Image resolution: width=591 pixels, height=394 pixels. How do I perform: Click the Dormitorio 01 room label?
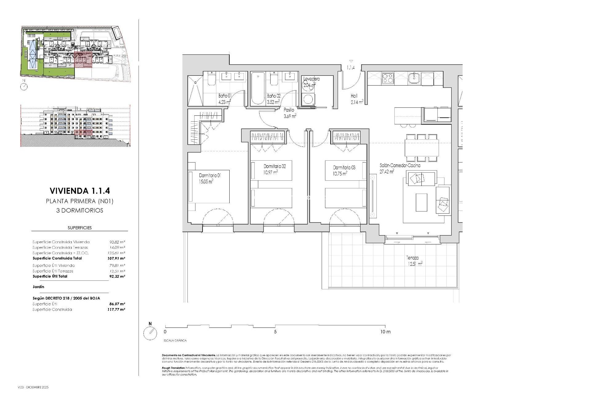coord(210,175)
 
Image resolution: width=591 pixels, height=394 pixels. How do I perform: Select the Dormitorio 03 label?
coord(344,168)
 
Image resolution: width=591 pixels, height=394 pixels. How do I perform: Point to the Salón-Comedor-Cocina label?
coord(400,166)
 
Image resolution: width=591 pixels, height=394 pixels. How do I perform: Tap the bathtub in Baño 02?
coord(256,89)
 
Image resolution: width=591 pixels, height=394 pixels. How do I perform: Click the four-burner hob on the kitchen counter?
coord(388,78)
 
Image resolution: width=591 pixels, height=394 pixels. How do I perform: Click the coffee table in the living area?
coord(421,202)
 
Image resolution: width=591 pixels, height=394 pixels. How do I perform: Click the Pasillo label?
coord(289,110)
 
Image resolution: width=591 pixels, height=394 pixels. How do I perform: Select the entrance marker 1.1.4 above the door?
coord(351,67)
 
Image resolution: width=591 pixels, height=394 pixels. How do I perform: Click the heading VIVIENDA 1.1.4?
coord(80,191)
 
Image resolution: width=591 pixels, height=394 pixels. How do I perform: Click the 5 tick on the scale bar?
coord(275,332)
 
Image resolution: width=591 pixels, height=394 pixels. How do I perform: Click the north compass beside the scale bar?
coord(150,333)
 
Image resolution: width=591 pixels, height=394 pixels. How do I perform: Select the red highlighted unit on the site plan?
coord(83,60)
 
